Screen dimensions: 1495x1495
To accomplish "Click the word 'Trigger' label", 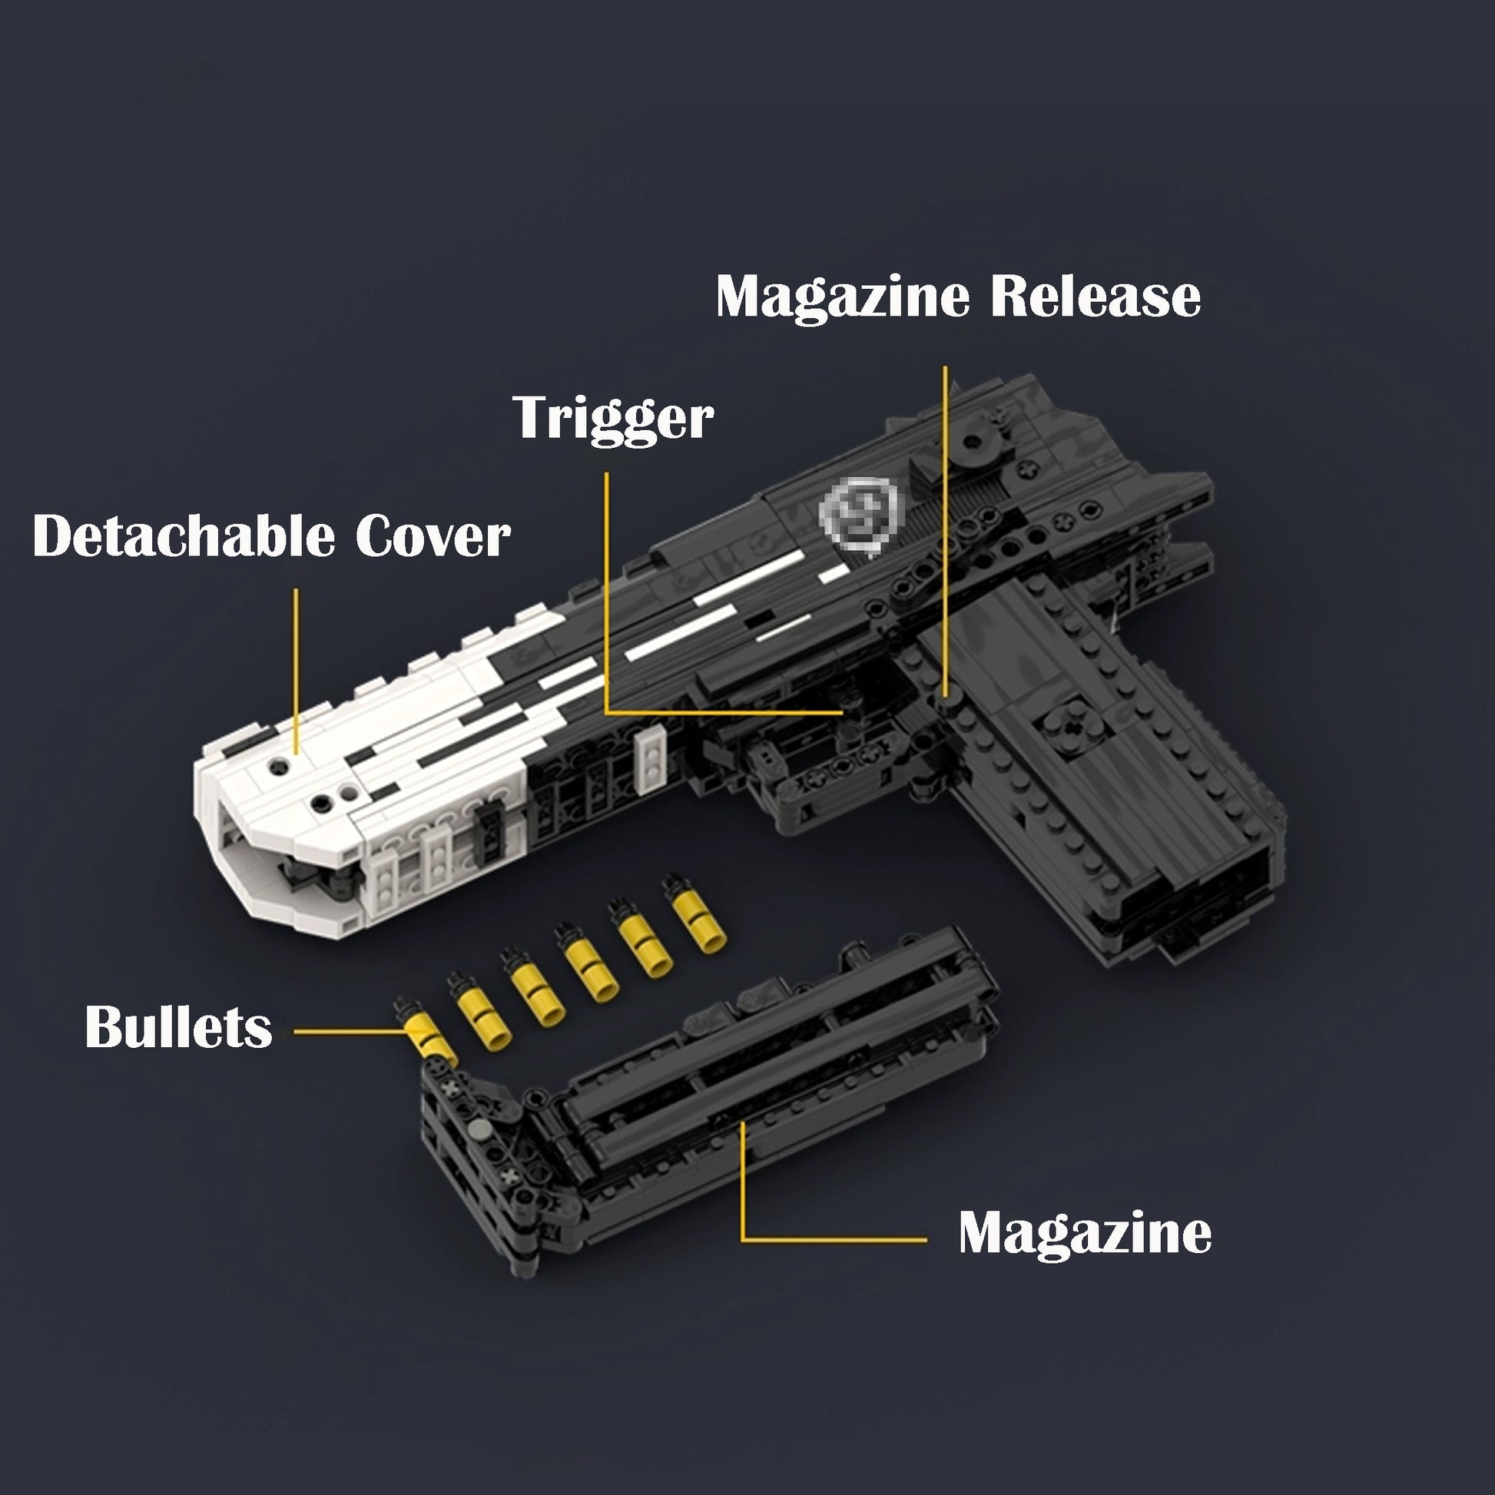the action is pyautogui.click(x=613, y=419).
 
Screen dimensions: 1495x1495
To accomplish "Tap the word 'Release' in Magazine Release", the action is pyautogui.click(x=1096, y=296).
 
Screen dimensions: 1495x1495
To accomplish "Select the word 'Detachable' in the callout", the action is pyautogui.click(x=184, y=535).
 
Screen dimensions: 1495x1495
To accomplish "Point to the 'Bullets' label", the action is pyautogui.click(x=179, y=1027).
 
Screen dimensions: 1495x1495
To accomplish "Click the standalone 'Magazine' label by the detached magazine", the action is pyautogui.click(x=1085, y=1234).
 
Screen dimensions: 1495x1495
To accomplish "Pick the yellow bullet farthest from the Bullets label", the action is pyautogui.click(x=694, y=913).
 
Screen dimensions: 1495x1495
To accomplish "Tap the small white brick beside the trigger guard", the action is pyautogui.click(x=651, y=757).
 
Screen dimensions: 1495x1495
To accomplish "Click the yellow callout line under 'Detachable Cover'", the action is pyautogui.click(x=296, y=671).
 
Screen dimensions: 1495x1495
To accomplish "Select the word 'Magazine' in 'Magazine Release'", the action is pyautogui.click(x=842, y=297).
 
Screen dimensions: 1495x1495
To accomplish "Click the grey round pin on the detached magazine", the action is pyautogui.click(x=482, y=1130).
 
